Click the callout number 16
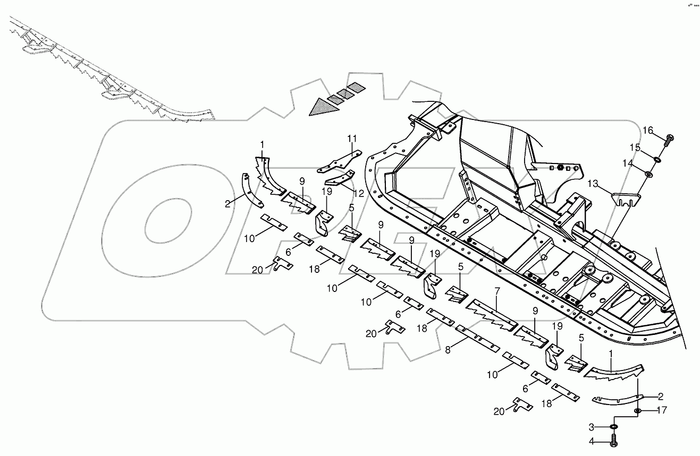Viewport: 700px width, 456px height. tap(647, 131)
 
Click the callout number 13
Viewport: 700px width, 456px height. tap(593, 184)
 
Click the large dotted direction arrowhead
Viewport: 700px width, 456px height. tap(324, 107)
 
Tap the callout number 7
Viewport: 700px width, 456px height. tap(497, 291)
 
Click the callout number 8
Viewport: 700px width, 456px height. tap(448, 350)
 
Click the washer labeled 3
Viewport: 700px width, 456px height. tap(613, 427)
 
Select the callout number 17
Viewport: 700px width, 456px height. tap(661, 410)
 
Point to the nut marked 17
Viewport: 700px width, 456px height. tap(637, 410)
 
